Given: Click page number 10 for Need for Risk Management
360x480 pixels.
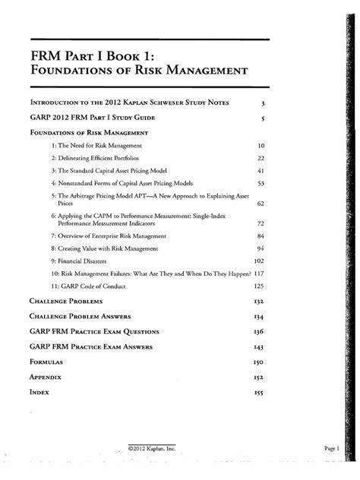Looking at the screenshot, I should [x=260, y=144].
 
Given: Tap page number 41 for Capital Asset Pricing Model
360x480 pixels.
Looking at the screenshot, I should [x=260, y=171].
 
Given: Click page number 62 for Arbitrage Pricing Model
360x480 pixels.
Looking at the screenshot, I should [x=260, y=204].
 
